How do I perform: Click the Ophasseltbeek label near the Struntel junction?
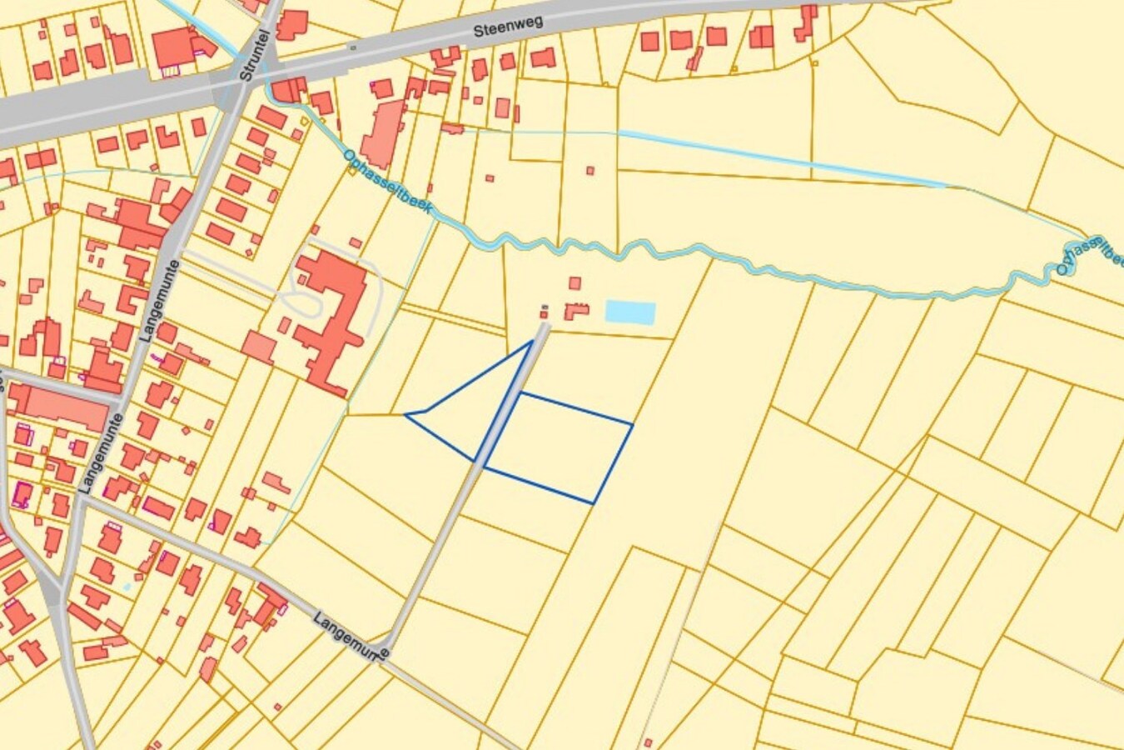pos(388,182)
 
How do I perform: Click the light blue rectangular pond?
pos(629,312)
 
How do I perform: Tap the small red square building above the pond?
pos(574,283)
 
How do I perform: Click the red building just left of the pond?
pos(576,312)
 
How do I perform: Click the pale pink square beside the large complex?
pos(258,347)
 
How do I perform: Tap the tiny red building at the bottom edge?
pos(647,742)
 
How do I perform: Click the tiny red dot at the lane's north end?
pos(544,314)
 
